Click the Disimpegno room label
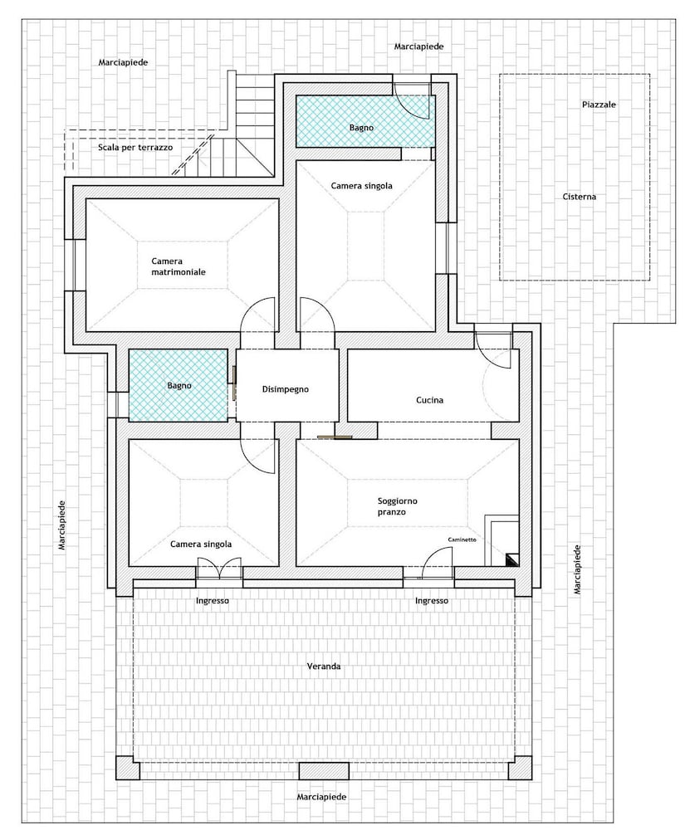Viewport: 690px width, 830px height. click(x=285, y=389)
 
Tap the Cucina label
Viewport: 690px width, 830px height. click(x=429, y=400)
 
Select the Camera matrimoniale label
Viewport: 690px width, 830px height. click(x=179, y=266)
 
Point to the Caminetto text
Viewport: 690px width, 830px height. click(x=462, y=539)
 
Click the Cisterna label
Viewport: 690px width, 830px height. click(x=580, y=197)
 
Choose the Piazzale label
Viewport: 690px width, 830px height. click(x=599, y=105)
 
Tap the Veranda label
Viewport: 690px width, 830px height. click(x=324, y=666)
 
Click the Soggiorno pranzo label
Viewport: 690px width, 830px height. click(x=397, y=506)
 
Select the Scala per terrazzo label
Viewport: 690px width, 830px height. click(x=135, y=148)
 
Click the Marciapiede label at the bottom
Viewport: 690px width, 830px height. click(x=321, y=797)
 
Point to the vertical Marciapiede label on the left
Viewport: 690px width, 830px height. click(x=62, y=525)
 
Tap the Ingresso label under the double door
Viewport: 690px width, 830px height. click(x=213, y=601)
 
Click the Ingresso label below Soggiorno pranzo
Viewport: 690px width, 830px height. click(x=432, y=601)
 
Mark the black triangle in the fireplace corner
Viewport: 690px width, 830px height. click(x=512, y=559)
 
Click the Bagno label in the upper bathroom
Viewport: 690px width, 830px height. click(x=361, y=128)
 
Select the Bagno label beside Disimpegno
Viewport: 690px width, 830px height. click(x=179, y=386)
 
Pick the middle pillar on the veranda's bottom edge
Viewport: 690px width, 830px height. click(x=324, y=771)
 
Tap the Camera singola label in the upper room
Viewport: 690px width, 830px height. click(x=362, y=186)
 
